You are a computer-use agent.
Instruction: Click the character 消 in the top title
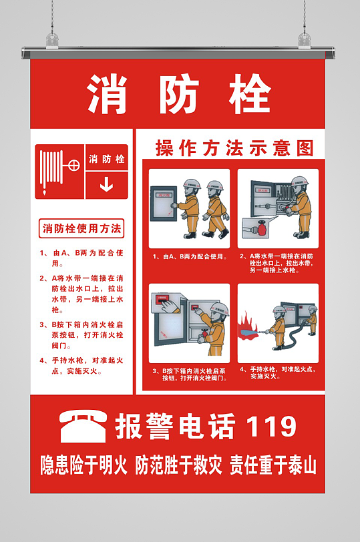107,94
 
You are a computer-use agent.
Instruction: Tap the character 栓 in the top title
248,94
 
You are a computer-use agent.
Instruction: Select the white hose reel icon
59,171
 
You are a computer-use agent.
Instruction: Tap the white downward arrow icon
106,184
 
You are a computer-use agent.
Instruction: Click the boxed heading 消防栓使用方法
81,229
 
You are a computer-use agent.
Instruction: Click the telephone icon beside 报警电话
83,427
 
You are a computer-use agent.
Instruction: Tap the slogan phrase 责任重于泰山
273,465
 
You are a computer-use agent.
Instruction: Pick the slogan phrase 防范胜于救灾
178,465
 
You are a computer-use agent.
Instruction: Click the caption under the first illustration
190,256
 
